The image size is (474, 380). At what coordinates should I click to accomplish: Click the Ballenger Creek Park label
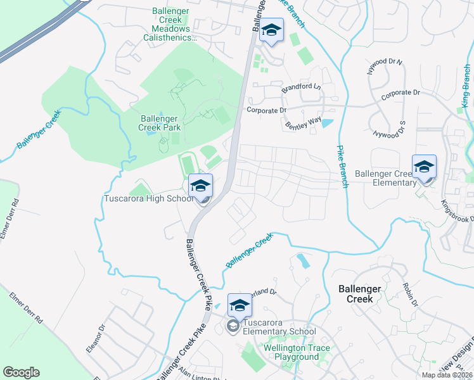click(160, 123)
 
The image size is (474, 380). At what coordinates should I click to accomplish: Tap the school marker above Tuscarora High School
click(200, 186)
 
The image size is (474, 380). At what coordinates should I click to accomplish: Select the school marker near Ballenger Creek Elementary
click(424, 167)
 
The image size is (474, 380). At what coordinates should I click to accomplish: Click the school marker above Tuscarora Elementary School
click(240, 306)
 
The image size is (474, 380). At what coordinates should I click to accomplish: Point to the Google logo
click(21, 372)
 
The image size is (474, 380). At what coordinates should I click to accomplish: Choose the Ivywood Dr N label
click(385, 66)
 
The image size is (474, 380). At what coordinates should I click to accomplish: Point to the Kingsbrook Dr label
click(458, 212)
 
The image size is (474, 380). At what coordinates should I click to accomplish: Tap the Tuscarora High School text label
click(148, 199)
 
